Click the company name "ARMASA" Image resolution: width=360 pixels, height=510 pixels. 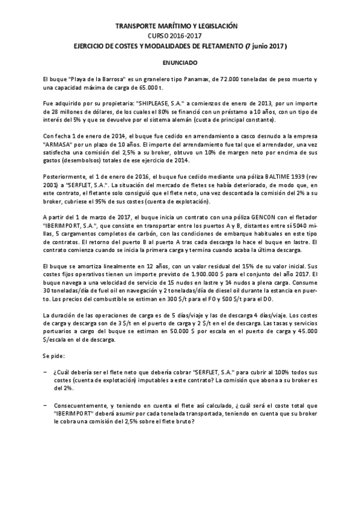click(x=60, y=144)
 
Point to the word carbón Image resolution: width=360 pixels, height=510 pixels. click(x=157, y=233)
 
